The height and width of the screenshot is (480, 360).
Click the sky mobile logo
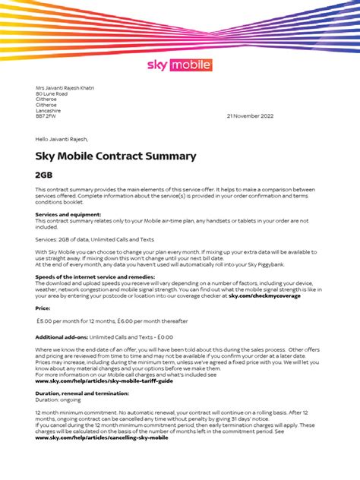(179, 65)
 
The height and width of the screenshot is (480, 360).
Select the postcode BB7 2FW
(46, 116)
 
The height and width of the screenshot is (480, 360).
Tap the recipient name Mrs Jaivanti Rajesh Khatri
(65, 88)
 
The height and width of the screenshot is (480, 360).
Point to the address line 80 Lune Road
(52, 94)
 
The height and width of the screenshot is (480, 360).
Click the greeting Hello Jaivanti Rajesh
(62, 139)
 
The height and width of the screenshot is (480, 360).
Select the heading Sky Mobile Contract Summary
(115, 156)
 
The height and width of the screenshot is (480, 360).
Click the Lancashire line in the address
(50, 111)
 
